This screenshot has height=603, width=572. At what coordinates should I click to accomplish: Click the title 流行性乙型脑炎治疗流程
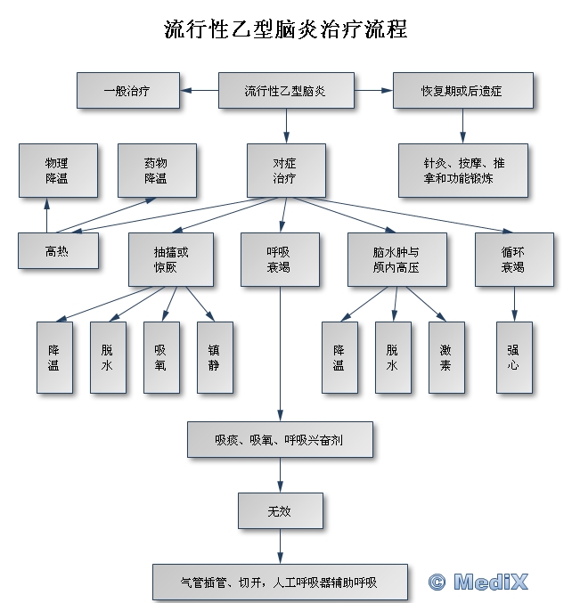point(285,29)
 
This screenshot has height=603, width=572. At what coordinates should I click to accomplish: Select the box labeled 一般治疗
point(128,90)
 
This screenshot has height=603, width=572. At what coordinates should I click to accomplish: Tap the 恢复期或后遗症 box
point(463,90)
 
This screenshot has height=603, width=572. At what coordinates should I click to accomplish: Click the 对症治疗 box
point(286,171)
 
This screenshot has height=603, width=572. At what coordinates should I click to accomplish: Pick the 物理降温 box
point(58,171)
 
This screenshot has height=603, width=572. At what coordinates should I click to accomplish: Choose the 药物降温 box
point(157,171)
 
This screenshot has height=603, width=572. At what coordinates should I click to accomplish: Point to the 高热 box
point(58,251)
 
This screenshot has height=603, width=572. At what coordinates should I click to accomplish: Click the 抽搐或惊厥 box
point(171,259)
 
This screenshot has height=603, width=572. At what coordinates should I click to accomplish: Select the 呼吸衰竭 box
point(280,259)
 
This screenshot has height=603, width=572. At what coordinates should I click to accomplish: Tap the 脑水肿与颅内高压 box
point(397,259)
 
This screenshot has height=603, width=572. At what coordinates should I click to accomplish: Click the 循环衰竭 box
point(514,259)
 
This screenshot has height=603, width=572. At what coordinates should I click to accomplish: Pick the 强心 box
point(514,358)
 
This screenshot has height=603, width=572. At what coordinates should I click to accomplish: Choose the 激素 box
point(446,358)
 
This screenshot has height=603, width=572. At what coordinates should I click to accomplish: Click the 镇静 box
point(215,358)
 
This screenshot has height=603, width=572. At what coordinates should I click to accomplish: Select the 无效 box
point(281,510)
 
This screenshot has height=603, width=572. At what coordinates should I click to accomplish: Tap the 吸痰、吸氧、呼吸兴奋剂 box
point(280,440)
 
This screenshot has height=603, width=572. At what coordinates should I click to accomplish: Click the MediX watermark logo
point(478,582)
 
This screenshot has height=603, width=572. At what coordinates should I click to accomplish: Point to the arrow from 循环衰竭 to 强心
point(514,304)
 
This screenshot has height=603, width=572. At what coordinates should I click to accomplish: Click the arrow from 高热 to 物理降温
point(47,216)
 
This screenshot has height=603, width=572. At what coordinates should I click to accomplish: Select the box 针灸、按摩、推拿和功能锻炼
point(463,171)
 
